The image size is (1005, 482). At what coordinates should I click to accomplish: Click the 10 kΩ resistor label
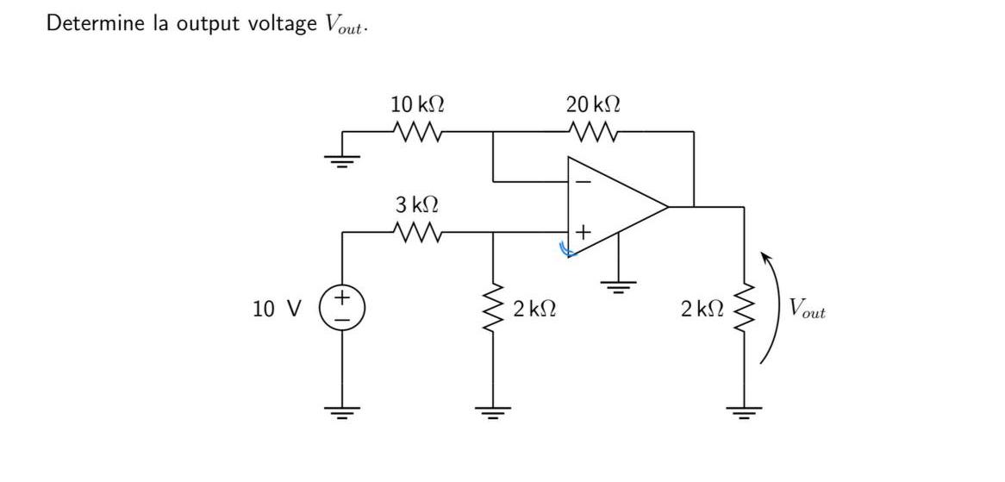click(x=417, y=105)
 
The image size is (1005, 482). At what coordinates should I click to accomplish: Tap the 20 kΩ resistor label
click(x=593, y=105)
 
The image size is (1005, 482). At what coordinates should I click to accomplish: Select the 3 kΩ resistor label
click(x=417, y=205)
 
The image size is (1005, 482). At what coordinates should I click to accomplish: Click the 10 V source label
click(x=277, y=309)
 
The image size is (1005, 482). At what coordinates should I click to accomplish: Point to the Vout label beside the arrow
click(x=807, y=309)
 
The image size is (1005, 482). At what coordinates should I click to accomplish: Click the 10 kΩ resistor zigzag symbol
click(x=417, y=133)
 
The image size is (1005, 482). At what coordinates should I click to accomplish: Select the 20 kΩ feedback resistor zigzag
click(x=593, y=133)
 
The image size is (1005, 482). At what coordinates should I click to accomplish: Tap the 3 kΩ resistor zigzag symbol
click(x=417, y=232)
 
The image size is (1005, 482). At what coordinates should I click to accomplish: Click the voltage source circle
click(x=342, y=309)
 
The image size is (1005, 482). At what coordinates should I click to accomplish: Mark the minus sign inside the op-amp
click(x=583, y=182)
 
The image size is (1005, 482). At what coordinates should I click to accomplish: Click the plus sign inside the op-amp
click(x=583, y=232)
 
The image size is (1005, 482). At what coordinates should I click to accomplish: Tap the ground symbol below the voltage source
click(x=342, y=412)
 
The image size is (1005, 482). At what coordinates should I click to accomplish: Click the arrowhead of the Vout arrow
click(x=763, y=256)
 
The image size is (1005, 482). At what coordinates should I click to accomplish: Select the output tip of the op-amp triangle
click(x=668, y=207)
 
